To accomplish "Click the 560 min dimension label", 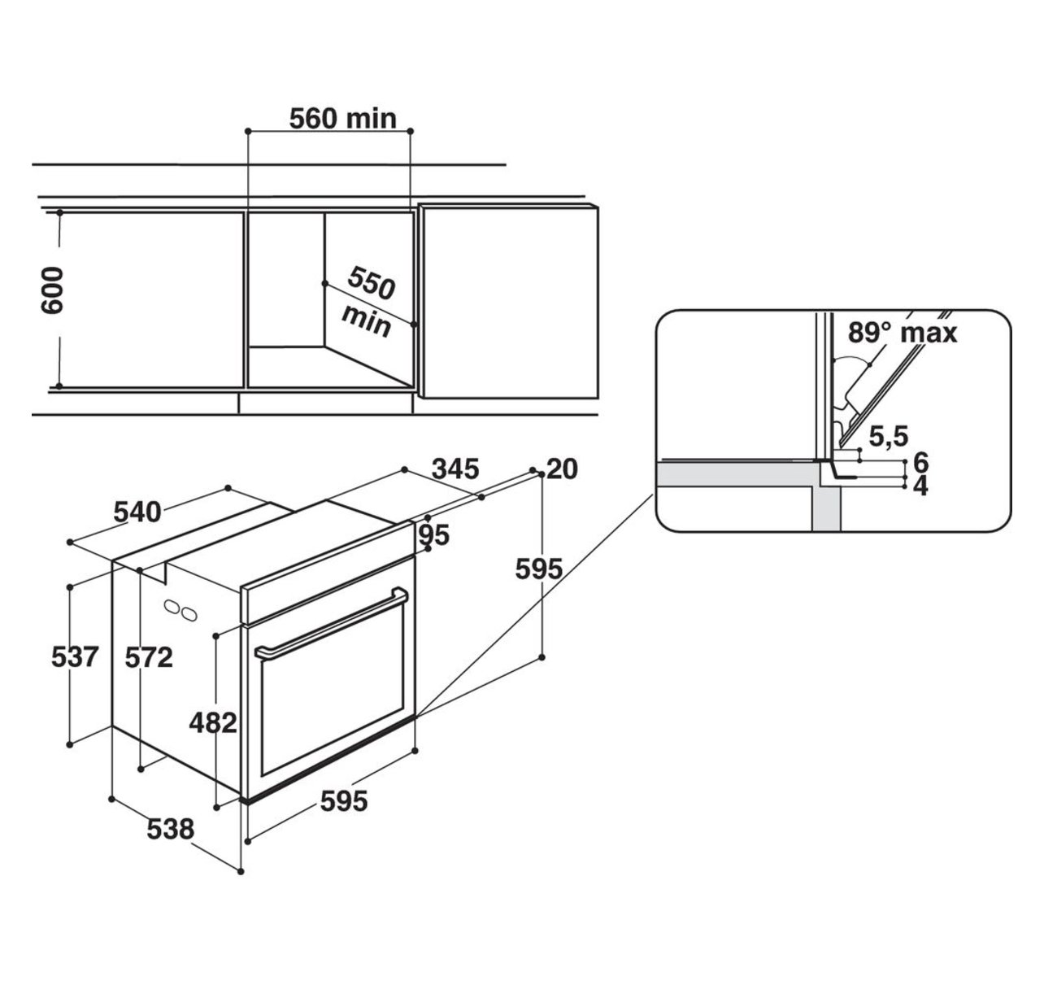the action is point(343,119).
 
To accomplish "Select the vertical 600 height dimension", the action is point(52,290).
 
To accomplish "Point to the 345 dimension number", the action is point(455,469).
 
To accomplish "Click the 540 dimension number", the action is point(137,512).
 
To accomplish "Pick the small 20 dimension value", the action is point(562,469).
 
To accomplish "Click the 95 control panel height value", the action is point(434,536).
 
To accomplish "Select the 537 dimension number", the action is point(75,657).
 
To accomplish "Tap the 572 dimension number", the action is point(149,658).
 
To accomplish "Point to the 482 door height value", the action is point(213,722).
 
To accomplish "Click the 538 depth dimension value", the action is point(170,830).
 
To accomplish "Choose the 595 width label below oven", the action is point(344,801).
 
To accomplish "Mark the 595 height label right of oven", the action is point(539,569).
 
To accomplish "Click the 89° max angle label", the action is point(902,333).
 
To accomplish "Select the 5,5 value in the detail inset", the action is point(889,436).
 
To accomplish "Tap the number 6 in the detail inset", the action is point(920,462).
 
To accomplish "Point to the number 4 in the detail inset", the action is point(920,486).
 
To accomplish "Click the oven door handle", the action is point(331,623).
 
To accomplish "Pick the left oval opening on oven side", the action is point(172,607).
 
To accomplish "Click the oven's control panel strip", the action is point(328,572).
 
